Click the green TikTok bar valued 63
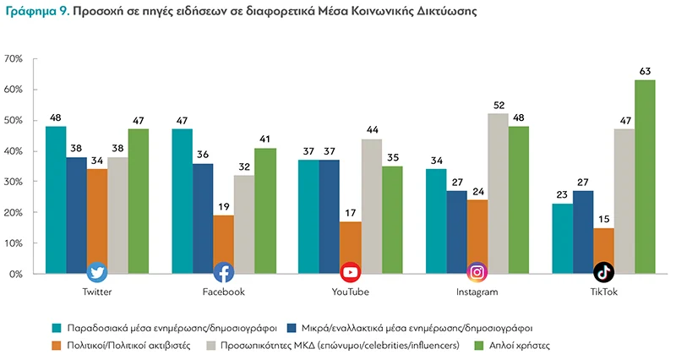coord(645,177)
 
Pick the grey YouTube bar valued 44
coord(372,206)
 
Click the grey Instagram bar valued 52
coord(499,194)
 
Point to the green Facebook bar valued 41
coord(266,210)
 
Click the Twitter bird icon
coord(97,272)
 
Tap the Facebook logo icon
coord(224,272)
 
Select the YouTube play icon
coord(351,272)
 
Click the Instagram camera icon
coord(477,272)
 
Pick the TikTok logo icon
coord(603,272)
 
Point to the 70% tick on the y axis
coord(16,58)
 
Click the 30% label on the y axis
coord(16,182)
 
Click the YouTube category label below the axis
coord(351,292)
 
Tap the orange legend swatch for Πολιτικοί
coord(57,346)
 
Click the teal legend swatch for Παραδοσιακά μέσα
coord(57,327)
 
